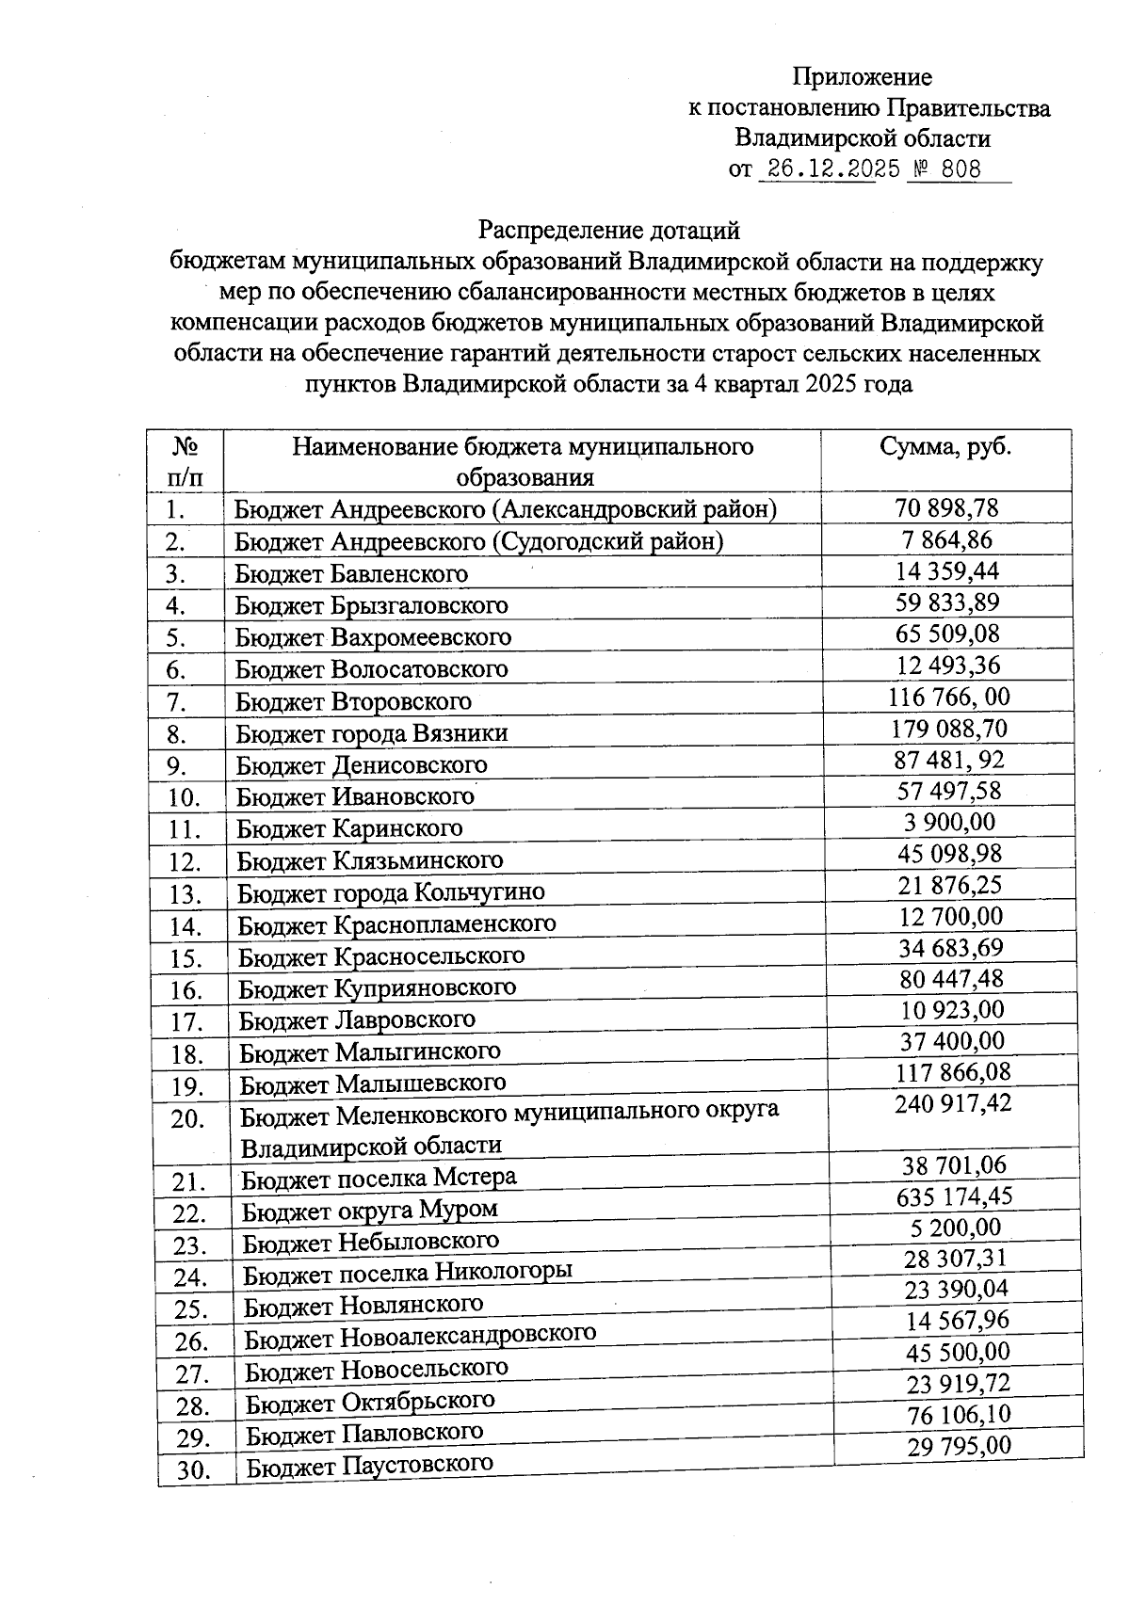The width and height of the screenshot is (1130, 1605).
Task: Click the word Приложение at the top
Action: click(862, 77)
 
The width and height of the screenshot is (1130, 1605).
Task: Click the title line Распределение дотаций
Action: click(609, 230)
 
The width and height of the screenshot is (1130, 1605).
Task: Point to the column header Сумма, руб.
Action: click(944, 446)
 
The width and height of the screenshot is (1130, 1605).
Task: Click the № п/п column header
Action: click(186, 460)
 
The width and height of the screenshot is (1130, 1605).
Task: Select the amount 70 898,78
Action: click(946, 508)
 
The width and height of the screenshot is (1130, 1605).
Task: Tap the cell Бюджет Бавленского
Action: click(351, 573)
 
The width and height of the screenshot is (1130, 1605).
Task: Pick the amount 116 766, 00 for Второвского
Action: click(948, 698)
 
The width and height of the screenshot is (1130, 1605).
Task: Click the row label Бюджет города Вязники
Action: click(372, 732)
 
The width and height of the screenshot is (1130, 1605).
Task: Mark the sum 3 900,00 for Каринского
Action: click(949, 822)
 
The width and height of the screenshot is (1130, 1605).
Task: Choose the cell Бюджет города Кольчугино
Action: click(391, 891)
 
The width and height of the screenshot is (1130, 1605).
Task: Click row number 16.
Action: click(186, 990)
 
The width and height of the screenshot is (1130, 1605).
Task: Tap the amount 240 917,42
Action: click(953, 1103)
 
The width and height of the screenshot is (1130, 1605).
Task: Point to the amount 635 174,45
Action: click(955, 1196)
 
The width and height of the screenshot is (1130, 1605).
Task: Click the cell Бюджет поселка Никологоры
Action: click(408, 1273)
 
